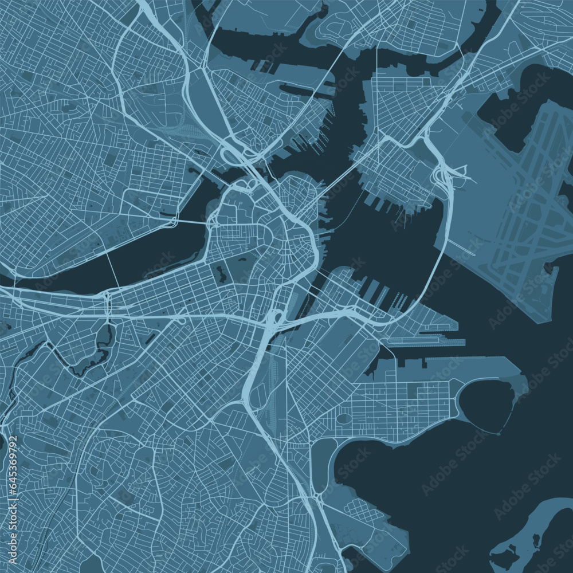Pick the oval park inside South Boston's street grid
tap(343, 419)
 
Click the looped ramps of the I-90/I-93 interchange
tap(274, 317)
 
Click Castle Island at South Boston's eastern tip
tap(519, 381)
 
